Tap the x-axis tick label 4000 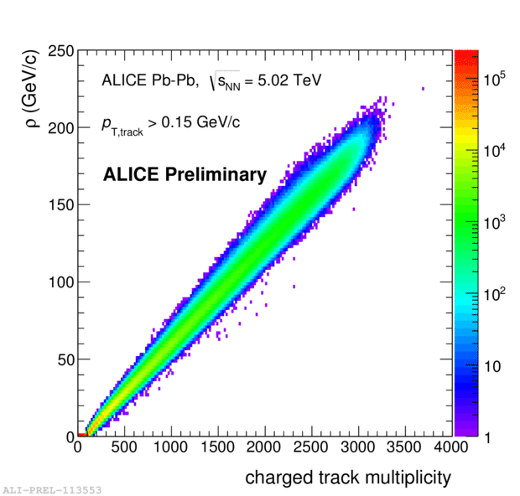[452, 449]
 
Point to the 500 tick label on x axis [125, 449]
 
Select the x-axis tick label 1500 [219, 449]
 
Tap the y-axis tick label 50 [64, 359]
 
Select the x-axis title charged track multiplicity [347, 478]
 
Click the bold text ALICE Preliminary [185, 175]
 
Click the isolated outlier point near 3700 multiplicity [424, 88]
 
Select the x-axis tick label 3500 [405, 449]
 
